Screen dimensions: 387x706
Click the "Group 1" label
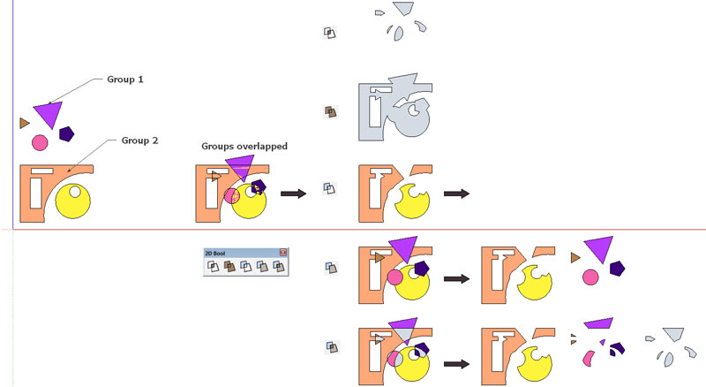point(125,80)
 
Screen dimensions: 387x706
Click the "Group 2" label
point(139,140)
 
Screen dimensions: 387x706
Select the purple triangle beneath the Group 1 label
point(49,113)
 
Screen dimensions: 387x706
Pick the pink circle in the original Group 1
point(40,142)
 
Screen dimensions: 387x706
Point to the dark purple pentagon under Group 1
point(66,134)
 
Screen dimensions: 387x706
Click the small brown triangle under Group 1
point(24,123)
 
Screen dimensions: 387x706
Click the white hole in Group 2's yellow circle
point(76,192)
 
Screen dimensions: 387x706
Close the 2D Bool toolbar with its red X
point(283,254)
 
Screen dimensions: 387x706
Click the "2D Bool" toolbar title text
point(215,254)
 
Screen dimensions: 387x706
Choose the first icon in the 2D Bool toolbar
point(212,266)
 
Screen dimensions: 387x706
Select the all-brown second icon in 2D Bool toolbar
point(229,266)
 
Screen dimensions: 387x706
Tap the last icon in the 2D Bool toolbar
point(280,266)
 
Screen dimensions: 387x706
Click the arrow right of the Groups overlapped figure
point(293,193)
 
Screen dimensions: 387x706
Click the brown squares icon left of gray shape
point(330,112)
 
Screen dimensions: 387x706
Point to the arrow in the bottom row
point(456,362)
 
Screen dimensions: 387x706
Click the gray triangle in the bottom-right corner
point(675,334)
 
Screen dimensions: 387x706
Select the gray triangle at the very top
point(403,8)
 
